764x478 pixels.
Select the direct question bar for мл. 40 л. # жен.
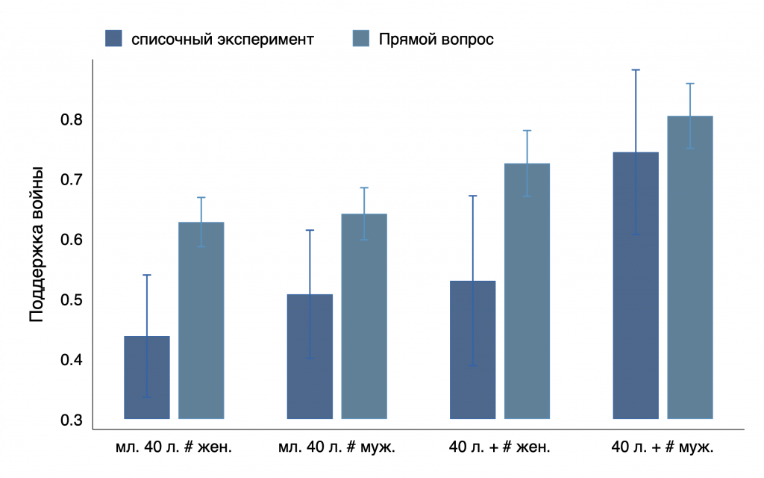pos(201,320)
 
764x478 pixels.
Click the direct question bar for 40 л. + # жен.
pos(527,291)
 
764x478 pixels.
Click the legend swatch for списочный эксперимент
pos(113,38)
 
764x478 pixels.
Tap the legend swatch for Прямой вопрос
pos(360,38)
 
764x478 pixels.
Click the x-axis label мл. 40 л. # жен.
pos(174,448)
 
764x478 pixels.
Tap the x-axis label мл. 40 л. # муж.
pos(336,448)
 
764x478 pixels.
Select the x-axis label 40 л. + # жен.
pos(499,448)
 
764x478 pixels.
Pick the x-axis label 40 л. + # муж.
pos(663,448)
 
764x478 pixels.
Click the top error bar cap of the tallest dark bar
pos(636,69)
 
